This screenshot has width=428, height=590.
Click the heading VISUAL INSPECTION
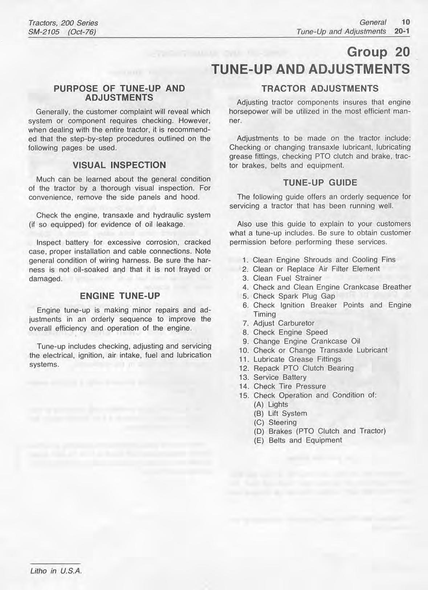point(119,165)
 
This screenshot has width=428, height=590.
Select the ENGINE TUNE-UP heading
point(120,296)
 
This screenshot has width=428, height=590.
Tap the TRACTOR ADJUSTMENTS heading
point(320,88)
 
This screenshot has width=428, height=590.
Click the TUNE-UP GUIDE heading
point(320,183)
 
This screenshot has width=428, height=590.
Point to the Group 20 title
point(378,52)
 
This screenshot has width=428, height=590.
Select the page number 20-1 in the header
point(402,31)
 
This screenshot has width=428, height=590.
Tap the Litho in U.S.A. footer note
point(56,571)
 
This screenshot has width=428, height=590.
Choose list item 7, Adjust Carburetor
point(284,323)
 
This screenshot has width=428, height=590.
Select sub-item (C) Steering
point(275,422)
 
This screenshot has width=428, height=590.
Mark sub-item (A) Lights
point(271,404)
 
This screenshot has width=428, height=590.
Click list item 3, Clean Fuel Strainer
point(287,278)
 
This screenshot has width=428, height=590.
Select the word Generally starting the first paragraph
point(53,112)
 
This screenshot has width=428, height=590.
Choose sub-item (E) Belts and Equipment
point(298,440)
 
